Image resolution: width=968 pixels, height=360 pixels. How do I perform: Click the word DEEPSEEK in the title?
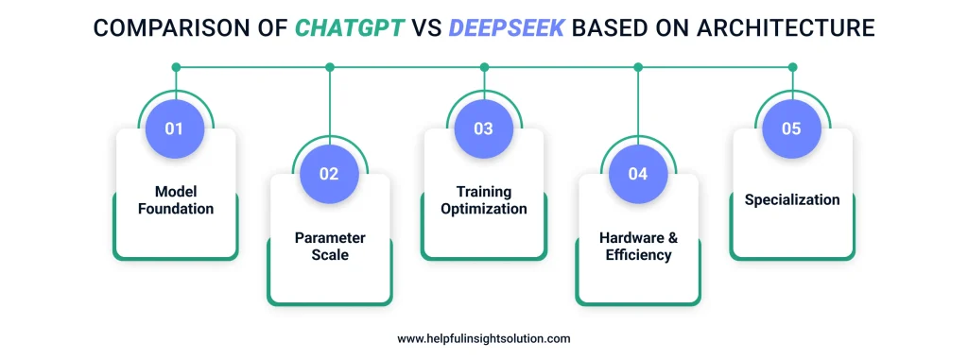(506, 28)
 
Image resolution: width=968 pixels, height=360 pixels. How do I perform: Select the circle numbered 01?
(175, 129)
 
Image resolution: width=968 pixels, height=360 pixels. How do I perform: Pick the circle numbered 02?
(329, 174)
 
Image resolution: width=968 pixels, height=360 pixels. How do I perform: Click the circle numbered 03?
(483, 129)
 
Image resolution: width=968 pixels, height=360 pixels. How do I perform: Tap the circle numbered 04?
(637, 174)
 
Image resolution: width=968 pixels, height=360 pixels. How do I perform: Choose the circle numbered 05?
(791, 129)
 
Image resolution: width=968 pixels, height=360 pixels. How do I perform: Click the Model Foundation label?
(175, 200)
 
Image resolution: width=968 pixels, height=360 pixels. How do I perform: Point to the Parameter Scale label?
(329, 246)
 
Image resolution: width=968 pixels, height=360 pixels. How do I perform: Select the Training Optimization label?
(483, 200)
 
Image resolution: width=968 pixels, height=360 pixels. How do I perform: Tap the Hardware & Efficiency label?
(637, 246)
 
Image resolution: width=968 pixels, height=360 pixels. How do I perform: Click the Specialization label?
(791, 200)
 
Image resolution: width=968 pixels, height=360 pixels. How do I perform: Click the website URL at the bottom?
(484, 338)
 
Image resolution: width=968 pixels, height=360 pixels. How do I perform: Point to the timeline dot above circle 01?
(175, 67)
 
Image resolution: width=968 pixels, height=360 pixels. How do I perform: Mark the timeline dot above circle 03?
(484, 67)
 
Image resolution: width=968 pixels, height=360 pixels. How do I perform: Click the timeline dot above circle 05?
(792, 67)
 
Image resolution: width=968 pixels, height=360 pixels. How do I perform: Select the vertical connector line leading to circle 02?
(330, 104)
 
